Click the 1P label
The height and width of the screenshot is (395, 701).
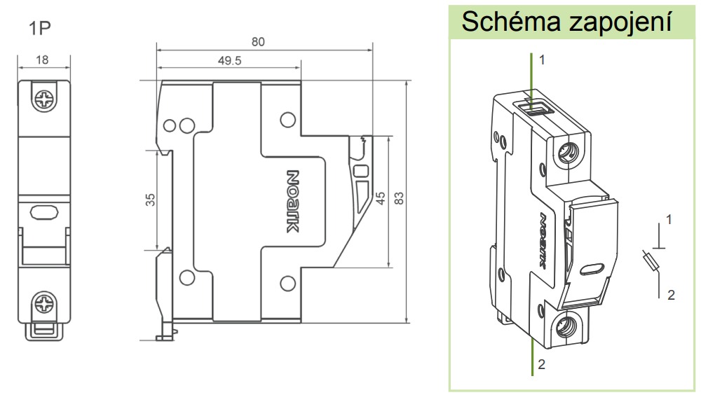tap(40, 28)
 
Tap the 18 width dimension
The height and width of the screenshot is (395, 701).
tap(42, 60)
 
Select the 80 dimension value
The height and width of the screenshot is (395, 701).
tap(258, 41)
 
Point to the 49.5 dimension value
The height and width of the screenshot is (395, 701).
tap(229, 60)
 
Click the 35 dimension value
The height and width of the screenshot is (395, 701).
tap(150, 200)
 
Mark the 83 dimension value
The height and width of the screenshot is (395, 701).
tap(399, 198)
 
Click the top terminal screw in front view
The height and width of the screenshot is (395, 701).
tap(44, 100)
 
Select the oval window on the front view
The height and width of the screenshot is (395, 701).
tap(43, 212)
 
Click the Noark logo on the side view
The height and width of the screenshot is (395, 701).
tap(292, 201)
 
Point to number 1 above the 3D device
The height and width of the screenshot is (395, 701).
tap(543, 60)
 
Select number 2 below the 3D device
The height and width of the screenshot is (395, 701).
tap(541, 365)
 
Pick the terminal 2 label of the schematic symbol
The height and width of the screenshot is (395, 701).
tap(671, 295)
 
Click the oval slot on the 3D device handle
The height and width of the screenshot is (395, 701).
tap(592, 269)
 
